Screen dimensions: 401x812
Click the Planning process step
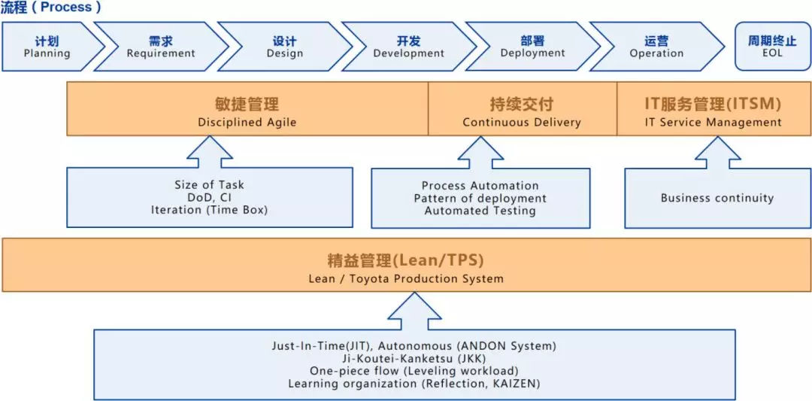pyautogui.click(x=47, y=47)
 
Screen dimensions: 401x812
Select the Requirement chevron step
pyautogui.click(x=160, y=47)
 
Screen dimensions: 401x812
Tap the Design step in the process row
pyautogui.click(x=284, y=47)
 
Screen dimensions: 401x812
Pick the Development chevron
pyautogui.click(x=408, y=47)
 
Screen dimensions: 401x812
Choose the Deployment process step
pyautogui.click(x=532, y=47)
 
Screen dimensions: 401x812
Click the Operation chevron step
pyautogui.click(x=656, y=47)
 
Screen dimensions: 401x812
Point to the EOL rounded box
pyautogui.click(x=771, y=47)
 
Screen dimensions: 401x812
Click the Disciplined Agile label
pyautogui.click(x=247, y=122)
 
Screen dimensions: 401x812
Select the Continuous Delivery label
pyautogui.click(x=522, y=122)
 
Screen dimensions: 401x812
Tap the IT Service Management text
pyautogui.click(x=713, y=122)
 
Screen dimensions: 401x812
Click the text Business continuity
pyautogui.click(x=717, y=199)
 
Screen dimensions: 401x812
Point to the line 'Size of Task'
pyautogui.click(x=209, y=185)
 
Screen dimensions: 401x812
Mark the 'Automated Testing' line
pyautogui.click(x=480, y=211)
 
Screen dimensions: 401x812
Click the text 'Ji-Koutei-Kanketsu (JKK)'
pyautogui.click(x=414, y=359)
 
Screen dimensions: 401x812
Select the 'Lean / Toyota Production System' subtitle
pyautogui.click(x=406, y=278)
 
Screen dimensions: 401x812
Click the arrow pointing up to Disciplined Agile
pyautogui.click(x=209, y=152)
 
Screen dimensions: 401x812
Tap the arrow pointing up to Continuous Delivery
pyautogui.click(x=480, y=153)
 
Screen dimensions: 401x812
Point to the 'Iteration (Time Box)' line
pyautogui.click(x=209, y=211)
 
